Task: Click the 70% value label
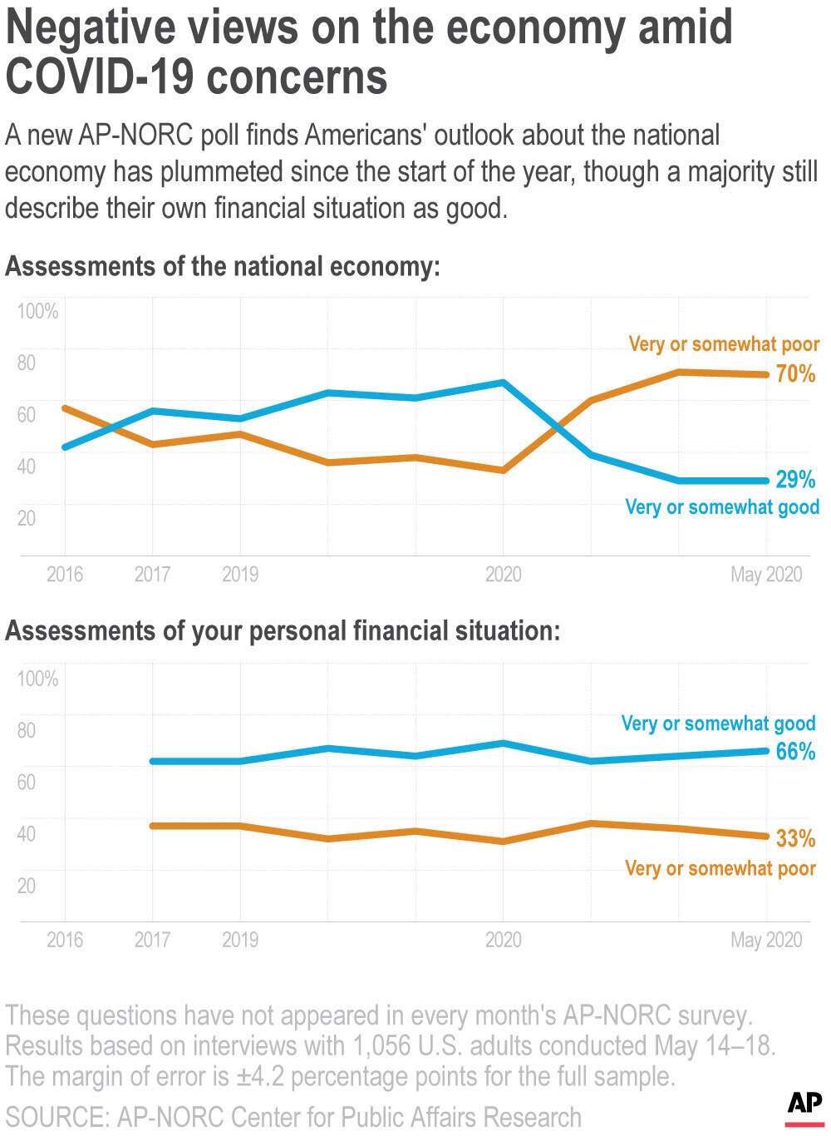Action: click(795, 374)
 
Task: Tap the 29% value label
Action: click(795, 480)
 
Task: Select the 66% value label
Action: click(795, 752)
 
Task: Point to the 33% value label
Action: click(795, 838)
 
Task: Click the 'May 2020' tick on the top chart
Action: click(766, 575)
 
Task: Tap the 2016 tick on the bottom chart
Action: click(65, 940)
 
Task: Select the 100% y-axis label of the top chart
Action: click(38, 312)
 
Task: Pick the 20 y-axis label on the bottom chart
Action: click(27, 886)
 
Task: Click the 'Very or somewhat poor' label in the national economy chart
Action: click(724, 344)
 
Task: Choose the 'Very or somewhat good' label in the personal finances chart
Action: click(719, 724)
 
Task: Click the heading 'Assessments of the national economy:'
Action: click(222, 267)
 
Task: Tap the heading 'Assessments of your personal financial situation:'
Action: click(283, 631)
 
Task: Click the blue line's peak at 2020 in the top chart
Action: click(502, 383)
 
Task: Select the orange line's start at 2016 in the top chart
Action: click(66, 408)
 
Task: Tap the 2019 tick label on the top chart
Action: click(240, 575)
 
